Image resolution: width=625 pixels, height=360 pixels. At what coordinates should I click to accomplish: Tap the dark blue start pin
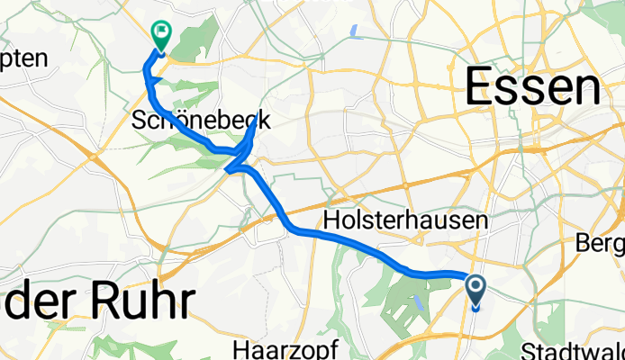[476, 292]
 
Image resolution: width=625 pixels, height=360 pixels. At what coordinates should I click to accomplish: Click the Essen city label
[532, 89]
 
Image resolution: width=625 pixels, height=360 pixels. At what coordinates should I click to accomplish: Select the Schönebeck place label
[202, 120]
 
